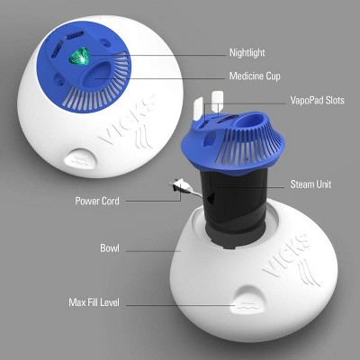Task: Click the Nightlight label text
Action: (247, 53)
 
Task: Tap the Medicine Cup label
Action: (255, 76)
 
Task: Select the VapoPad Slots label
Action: (318, 100)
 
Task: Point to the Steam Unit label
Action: (310, 184)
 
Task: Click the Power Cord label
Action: (97, 201)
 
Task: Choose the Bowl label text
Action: (110, 248)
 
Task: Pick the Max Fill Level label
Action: (94, 302)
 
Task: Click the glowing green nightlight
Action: (79, 57)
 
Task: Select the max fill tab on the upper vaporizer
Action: (81, 158)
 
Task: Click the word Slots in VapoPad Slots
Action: (333, 100)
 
